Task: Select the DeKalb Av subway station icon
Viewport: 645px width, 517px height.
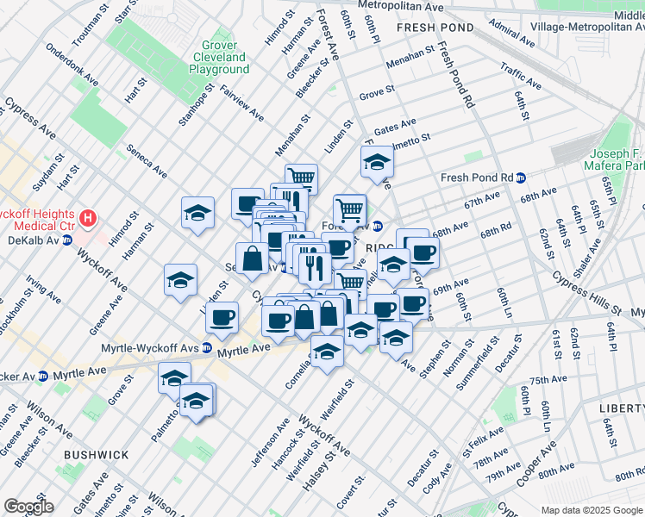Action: pyautogui.click(x=67, y=240)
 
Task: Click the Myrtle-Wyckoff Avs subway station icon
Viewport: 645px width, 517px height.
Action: pyautogui.click(x=207, y=348)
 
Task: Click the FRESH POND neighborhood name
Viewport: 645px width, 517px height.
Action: pyautogui.click(x=435, y=28)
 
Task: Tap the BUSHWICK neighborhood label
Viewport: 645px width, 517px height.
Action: pyautogui.click(x=96, y=454)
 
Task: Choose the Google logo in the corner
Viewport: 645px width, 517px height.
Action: pyautogui.click(x=28, y=507)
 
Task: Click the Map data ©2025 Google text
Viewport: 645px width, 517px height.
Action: pyautogui.click(x=592, y=510)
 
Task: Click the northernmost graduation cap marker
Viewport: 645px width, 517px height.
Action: pyautogui.click(x=377, y=161)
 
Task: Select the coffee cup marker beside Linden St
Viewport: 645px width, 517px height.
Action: pyautogui.click(x=222, y=316)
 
